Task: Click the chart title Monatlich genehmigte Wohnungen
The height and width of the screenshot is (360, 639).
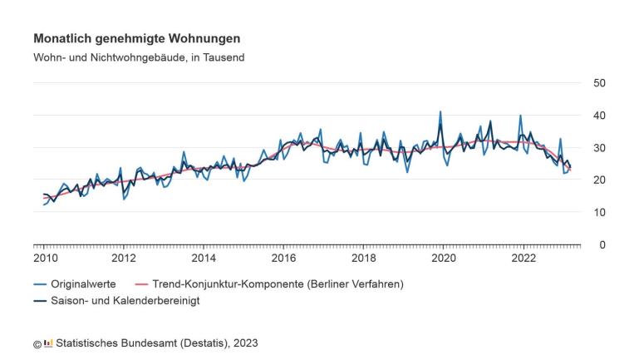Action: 136,39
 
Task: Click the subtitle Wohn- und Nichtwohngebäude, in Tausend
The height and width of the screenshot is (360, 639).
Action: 139,57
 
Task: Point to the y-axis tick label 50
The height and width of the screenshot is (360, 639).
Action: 598,82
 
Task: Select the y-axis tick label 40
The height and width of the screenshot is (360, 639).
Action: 598,115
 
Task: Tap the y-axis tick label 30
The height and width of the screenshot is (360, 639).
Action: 598,147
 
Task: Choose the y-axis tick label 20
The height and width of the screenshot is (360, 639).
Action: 598,180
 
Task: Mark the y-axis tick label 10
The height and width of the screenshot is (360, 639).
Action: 598,212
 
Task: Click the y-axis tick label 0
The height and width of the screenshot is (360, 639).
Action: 602,244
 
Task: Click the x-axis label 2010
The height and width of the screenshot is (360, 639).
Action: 44,258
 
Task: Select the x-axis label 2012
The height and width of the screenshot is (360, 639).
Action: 124,258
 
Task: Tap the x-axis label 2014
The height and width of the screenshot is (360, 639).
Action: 204,258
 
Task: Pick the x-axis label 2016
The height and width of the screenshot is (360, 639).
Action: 283,258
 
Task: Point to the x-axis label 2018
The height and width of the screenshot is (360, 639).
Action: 363,258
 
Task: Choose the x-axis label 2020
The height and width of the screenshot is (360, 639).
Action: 443,258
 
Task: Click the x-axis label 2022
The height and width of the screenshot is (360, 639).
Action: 523,258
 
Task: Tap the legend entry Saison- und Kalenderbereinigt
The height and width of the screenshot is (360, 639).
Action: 123,301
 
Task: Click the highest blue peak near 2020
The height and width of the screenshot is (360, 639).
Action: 440,111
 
